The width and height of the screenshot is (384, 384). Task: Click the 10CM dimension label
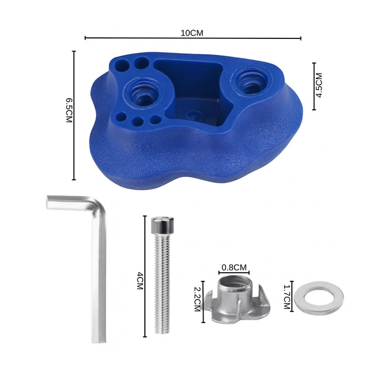(192, 33)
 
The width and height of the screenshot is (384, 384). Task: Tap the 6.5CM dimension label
(69, 110)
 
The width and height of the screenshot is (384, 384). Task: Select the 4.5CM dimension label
(319, 85)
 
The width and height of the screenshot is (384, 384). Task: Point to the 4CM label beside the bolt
(140, 281)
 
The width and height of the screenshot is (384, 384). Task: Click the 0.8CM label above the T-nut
(234, 268)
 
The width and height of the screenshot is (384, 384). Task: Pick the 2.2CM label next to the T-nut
(197, 299)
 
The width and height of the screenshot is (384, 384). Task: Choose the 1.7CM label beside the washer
(287, 297)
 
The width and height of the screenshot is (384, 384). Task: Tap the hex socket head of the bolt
(162, 225)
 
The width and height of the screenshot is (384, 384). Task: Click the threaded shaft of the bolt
(162, 283)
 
